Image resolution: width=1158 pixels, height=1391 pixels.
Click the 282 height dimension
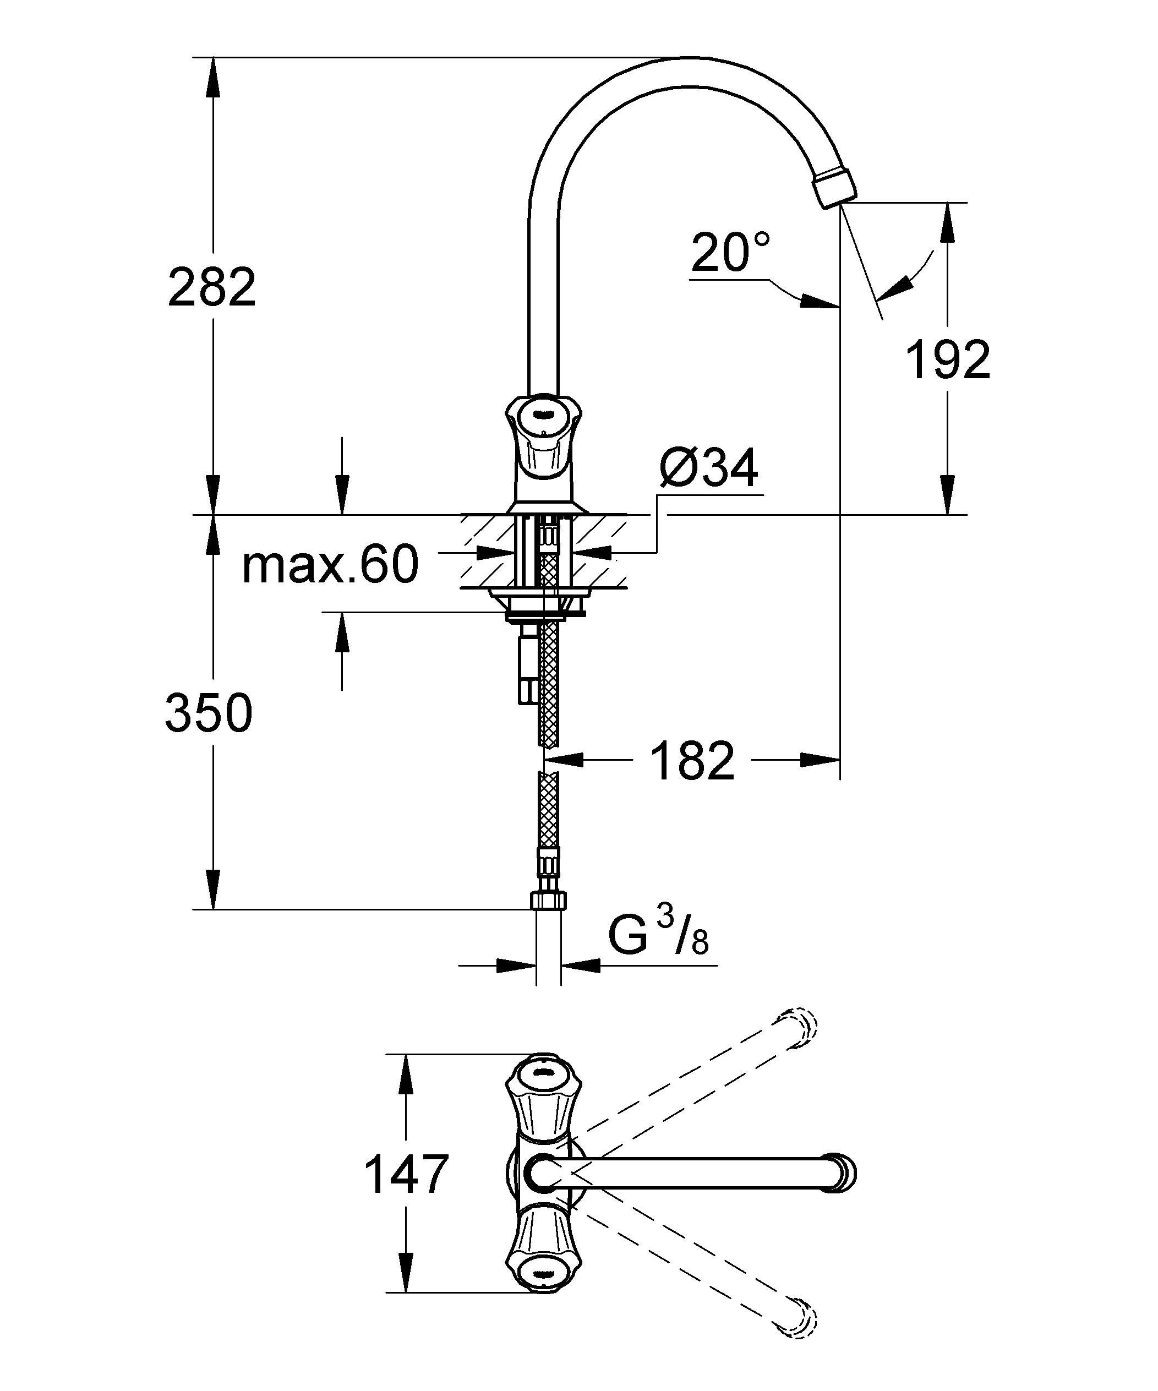(212, 287)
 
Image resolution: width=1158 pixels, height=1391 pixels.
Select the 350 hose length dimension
(209, 713)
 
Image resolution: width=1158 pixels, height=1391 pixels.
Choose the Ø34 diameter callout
(709, 468)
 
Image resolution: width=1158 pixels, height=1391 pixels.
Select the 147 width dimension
(407, 1174)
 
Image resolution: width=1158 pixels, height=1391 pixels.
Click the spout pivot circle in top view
(544, 1173)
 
